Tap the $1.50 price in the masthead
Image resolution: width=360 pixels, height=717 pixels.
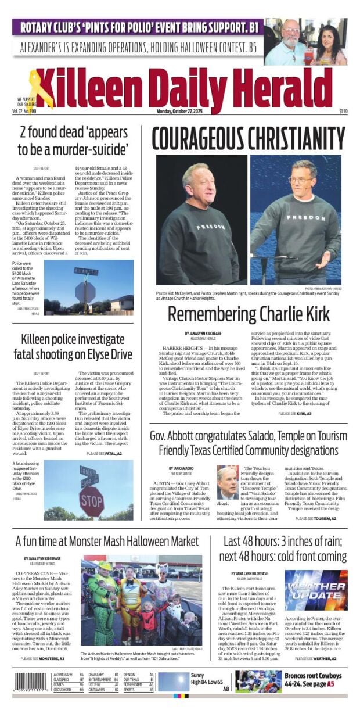[343, 112]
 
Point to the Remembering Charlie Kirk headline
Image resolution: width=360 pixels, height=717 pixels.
[249, 314]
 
